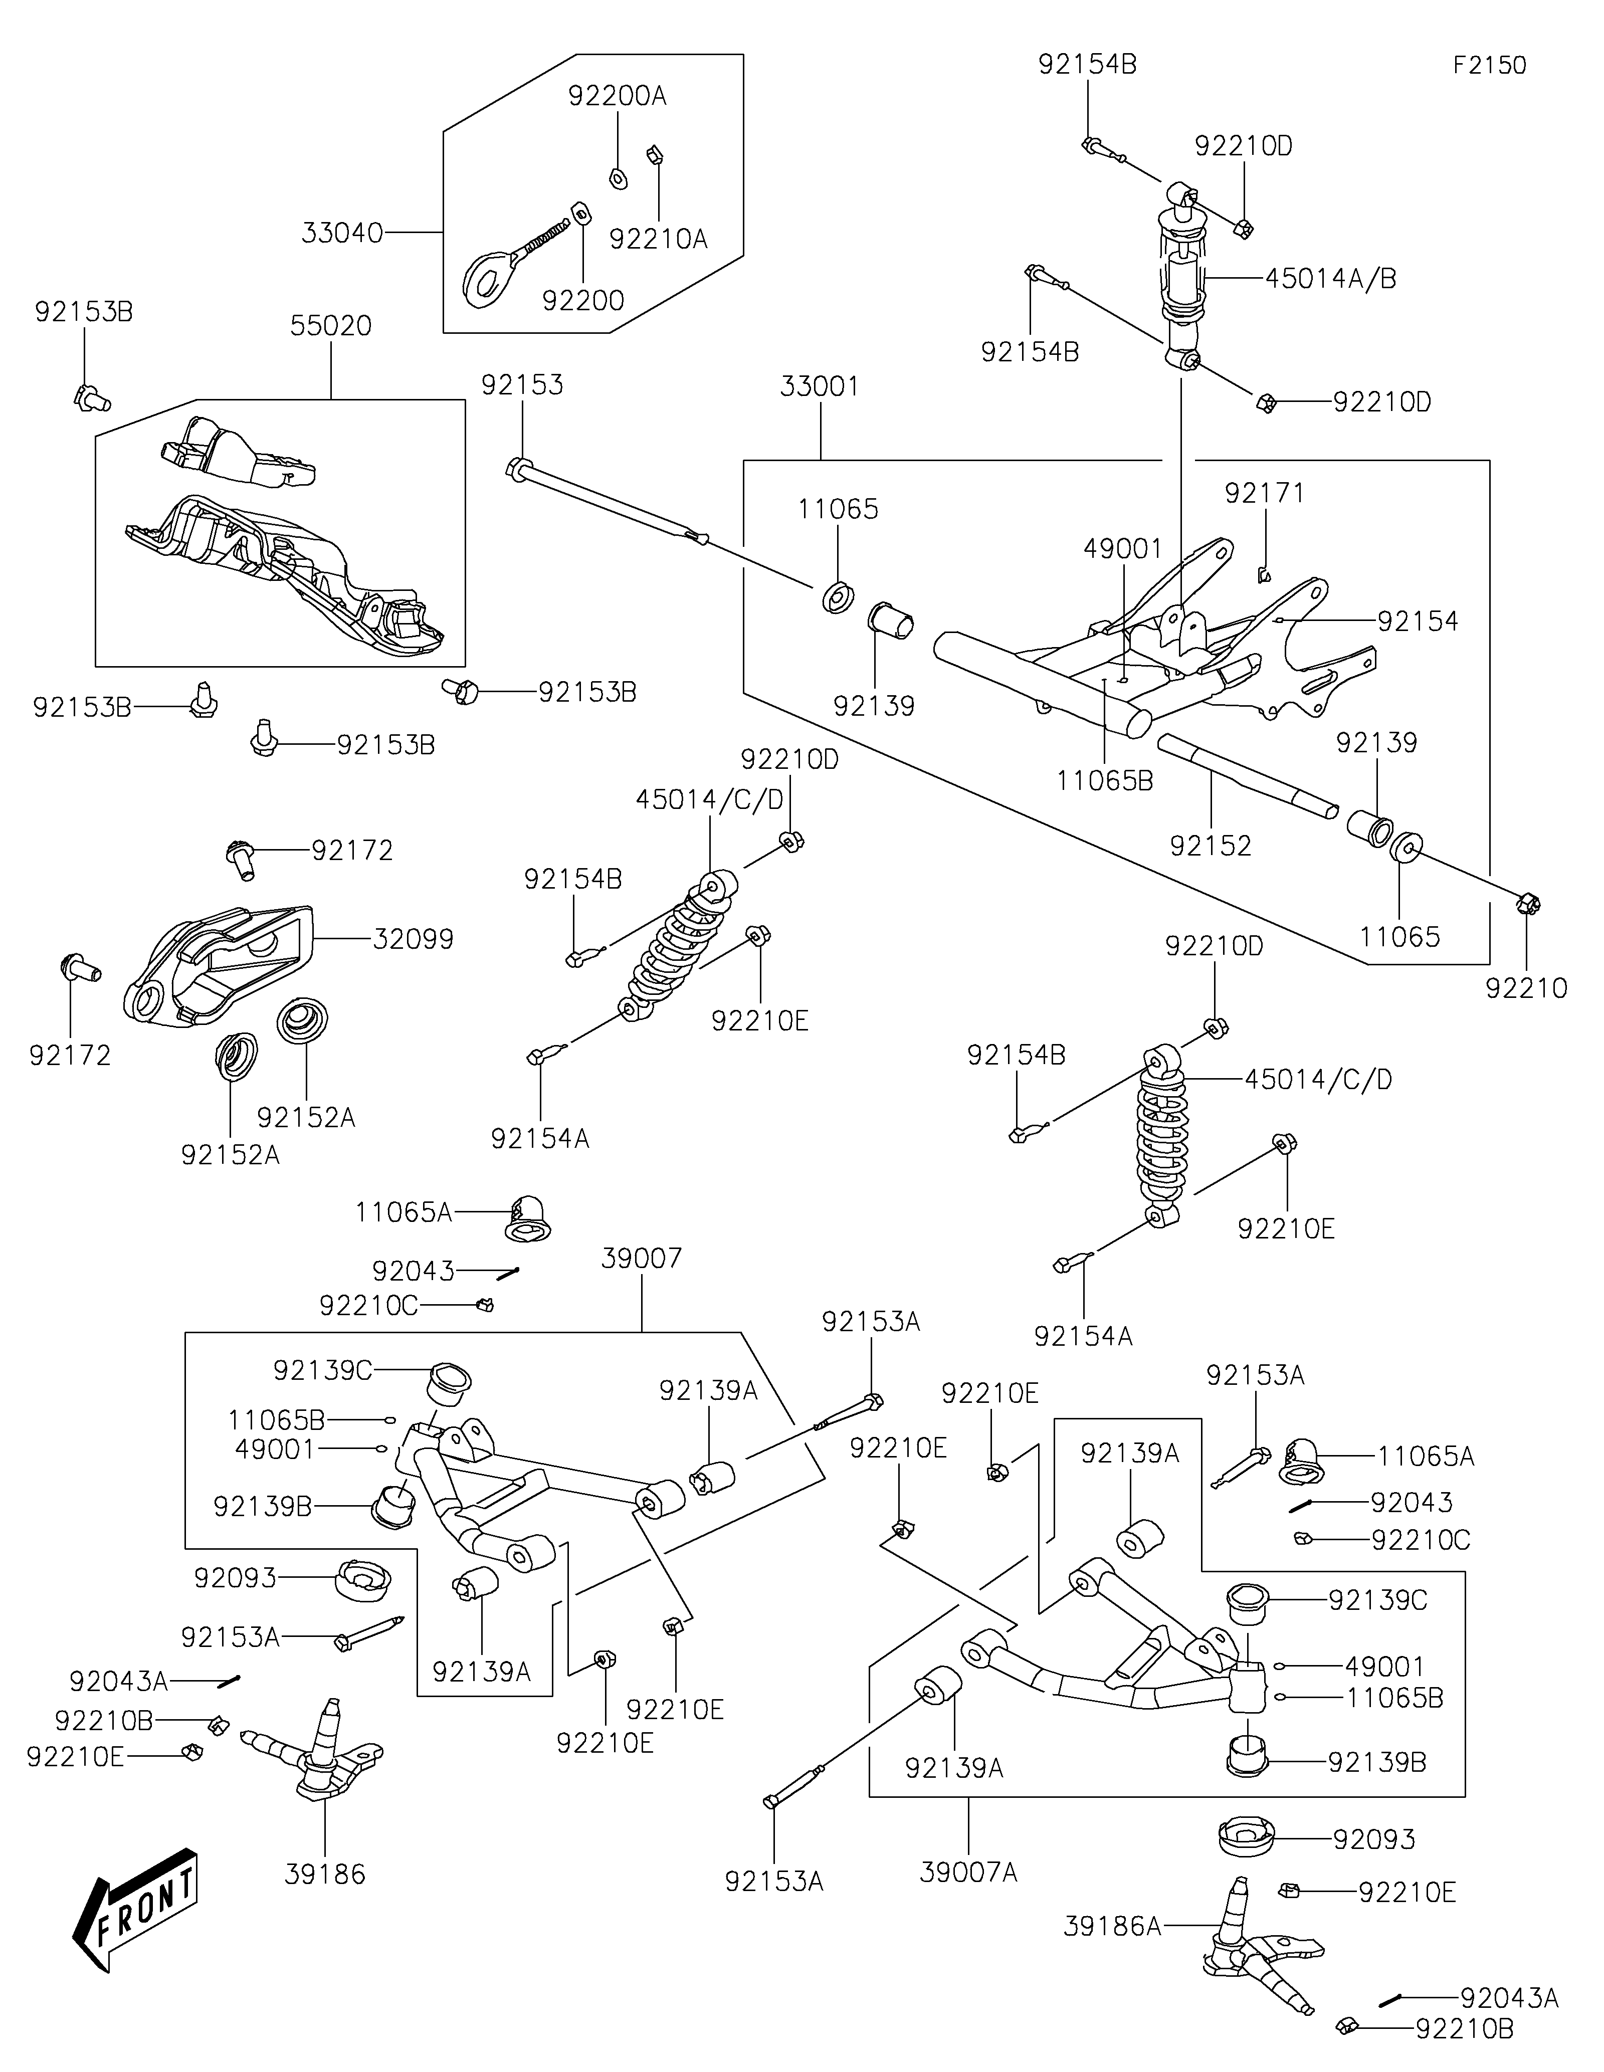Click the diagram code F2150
pos(1489,66)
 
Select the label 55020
pos(331,325)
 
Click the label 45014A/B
pos(1331,279)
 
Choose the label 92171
pos(1265,493)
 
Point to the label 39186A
pos(1113,1926)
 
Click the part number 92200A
pos(618,96)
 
